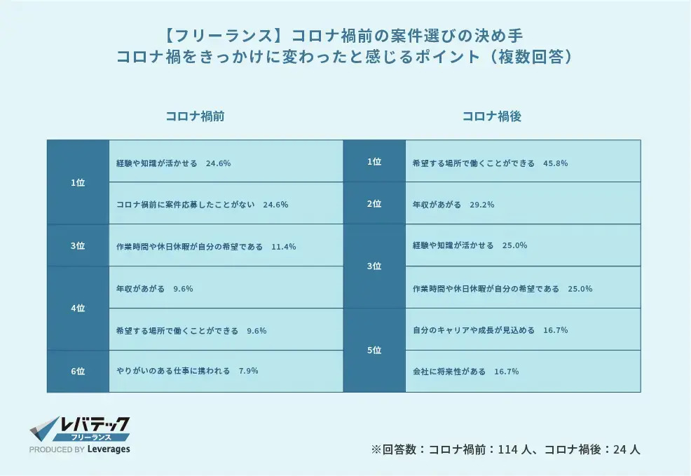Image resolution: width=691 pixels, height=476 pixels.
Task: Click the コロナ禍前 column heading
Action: (x=195, y=117)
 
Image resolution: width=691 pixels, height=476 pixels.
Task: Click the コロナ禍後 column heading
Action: (x=491, y=117)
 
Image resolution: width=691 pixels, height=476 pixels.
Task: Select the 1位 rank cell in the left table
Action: (x=78, y=182)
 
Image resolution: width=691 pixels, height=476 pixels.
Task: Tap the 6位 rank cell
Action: (x=78, y=371)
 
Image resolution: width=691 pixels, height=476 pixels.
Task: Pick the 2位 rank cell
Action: (x=374, y=203)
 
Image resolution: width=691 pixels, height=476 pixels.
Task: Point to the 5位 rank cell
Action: (x=374, y=350)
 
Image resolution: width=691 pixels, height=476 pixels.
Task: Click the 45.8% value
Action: (x=555, y=163)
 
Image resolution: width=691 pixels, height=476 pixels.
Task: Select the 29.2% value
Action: (x=484, y=205)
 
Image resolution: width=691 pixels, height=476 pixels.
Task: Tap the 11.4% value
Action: (x=284, y=247)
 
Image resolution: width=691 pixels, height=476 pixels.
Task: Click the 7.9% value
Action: (x=248, y=371)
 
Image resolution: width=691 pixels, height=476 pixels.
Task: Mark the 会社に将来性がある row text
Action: (x=449, y=371)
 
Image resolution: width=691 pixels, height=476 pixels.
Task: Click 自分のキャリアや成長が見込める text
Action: (x=474, y=329)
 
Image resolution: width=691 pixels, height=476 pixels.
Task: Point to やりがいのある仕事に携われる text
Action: (x=173, y=371)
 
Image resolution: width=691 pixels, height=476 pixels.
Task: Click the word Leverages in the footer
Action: (x=109, y=449)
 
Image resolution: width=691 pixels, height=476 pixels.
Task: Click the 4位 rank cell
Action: (x=78, y=308)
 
